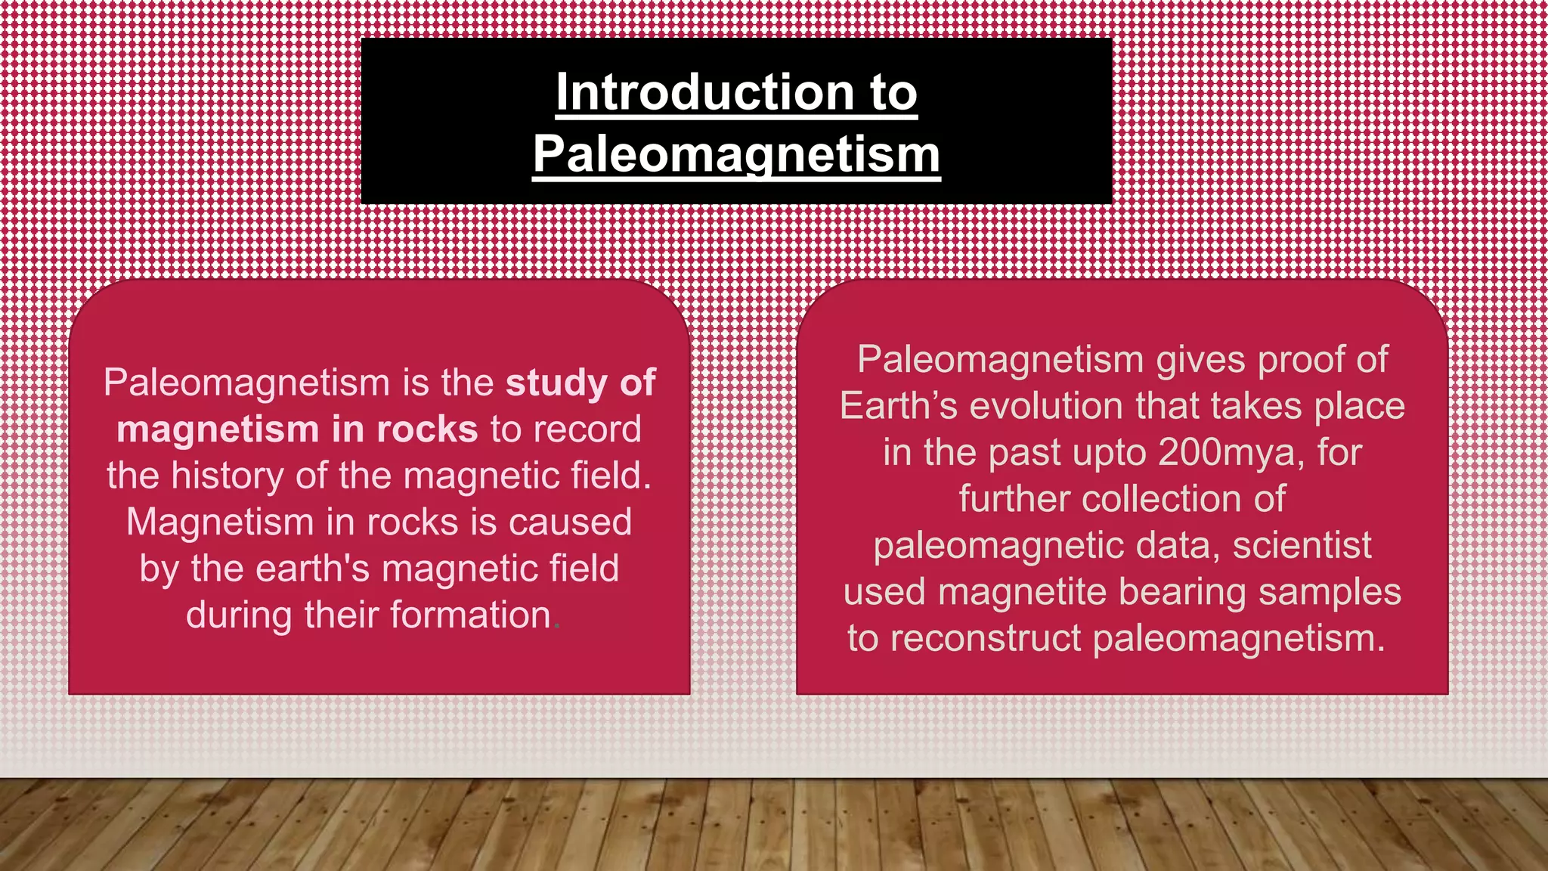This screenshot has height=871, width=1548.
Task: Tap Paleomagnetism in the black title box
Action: (x=736, y=154)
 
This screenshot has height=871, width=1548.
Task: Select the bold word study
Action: (x=556, y=383)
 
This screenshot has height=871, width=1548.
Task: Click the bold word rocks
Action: (x=427, y=429)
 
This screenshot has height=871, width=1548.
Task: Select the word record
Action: (x=587, y=429)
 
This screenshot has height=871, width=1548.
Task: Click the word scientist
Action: (x=1302, y=546)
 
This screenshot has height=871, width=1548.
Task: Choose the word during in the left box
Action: (x=239, y=615)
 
